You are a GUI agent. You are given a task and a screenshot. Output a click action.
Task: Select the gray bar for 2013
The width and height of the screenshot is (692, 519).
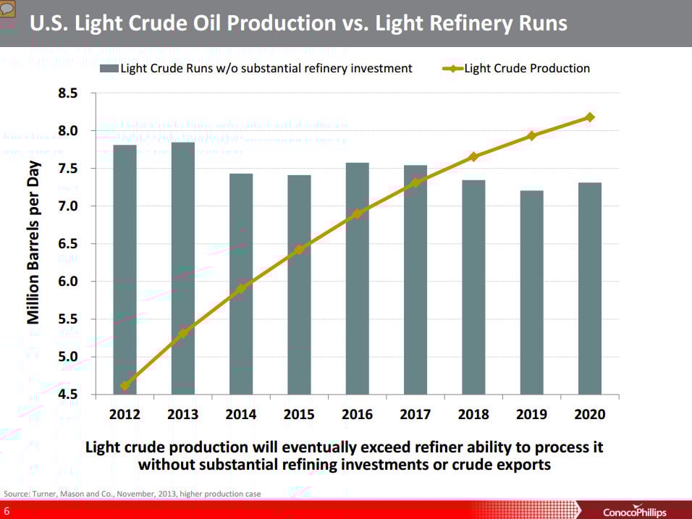click(x=183, y=268)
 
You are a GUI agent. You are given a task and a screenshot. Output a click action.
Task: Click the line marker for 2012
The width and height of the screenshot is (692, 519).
click(x=125, y=386)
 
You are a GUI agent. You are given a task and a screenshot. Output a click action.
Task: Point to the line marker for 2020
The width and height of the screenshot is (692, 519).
click(x=589, y=117)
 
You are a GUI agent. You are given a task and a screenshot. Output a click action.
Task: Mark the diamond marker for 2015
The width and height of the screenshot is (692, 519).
click(x=299, y=250)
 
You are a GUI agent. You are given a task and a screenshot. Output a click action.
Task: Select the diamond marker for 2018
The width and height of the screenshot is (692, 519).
click(x=473, y=156)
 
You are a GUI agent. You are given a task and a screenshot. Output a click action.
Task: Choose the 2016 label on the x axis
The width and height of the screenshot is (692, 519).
click(x=357, y=415)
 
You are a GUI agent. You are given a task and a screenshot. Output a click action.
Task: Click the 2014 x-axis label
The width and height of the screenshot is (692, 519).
click(x=241, y=415)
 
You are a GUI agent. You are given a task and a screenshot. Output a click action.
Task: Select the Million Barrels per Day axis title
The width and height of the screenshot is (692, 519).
click(x=34, y=243)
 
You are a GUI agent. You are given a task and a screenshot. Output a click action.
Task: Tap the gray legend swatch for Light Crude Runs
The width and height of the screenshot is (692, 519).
click(x=109, y=69)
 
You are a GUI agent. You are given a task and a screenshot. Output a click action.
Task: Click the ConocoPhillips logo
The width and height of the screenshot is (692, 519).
click(x=634, y=512)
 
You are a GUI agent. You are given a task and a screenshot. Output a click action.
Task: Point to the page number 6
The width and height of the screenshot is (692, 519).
click(x=7, y=512)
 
